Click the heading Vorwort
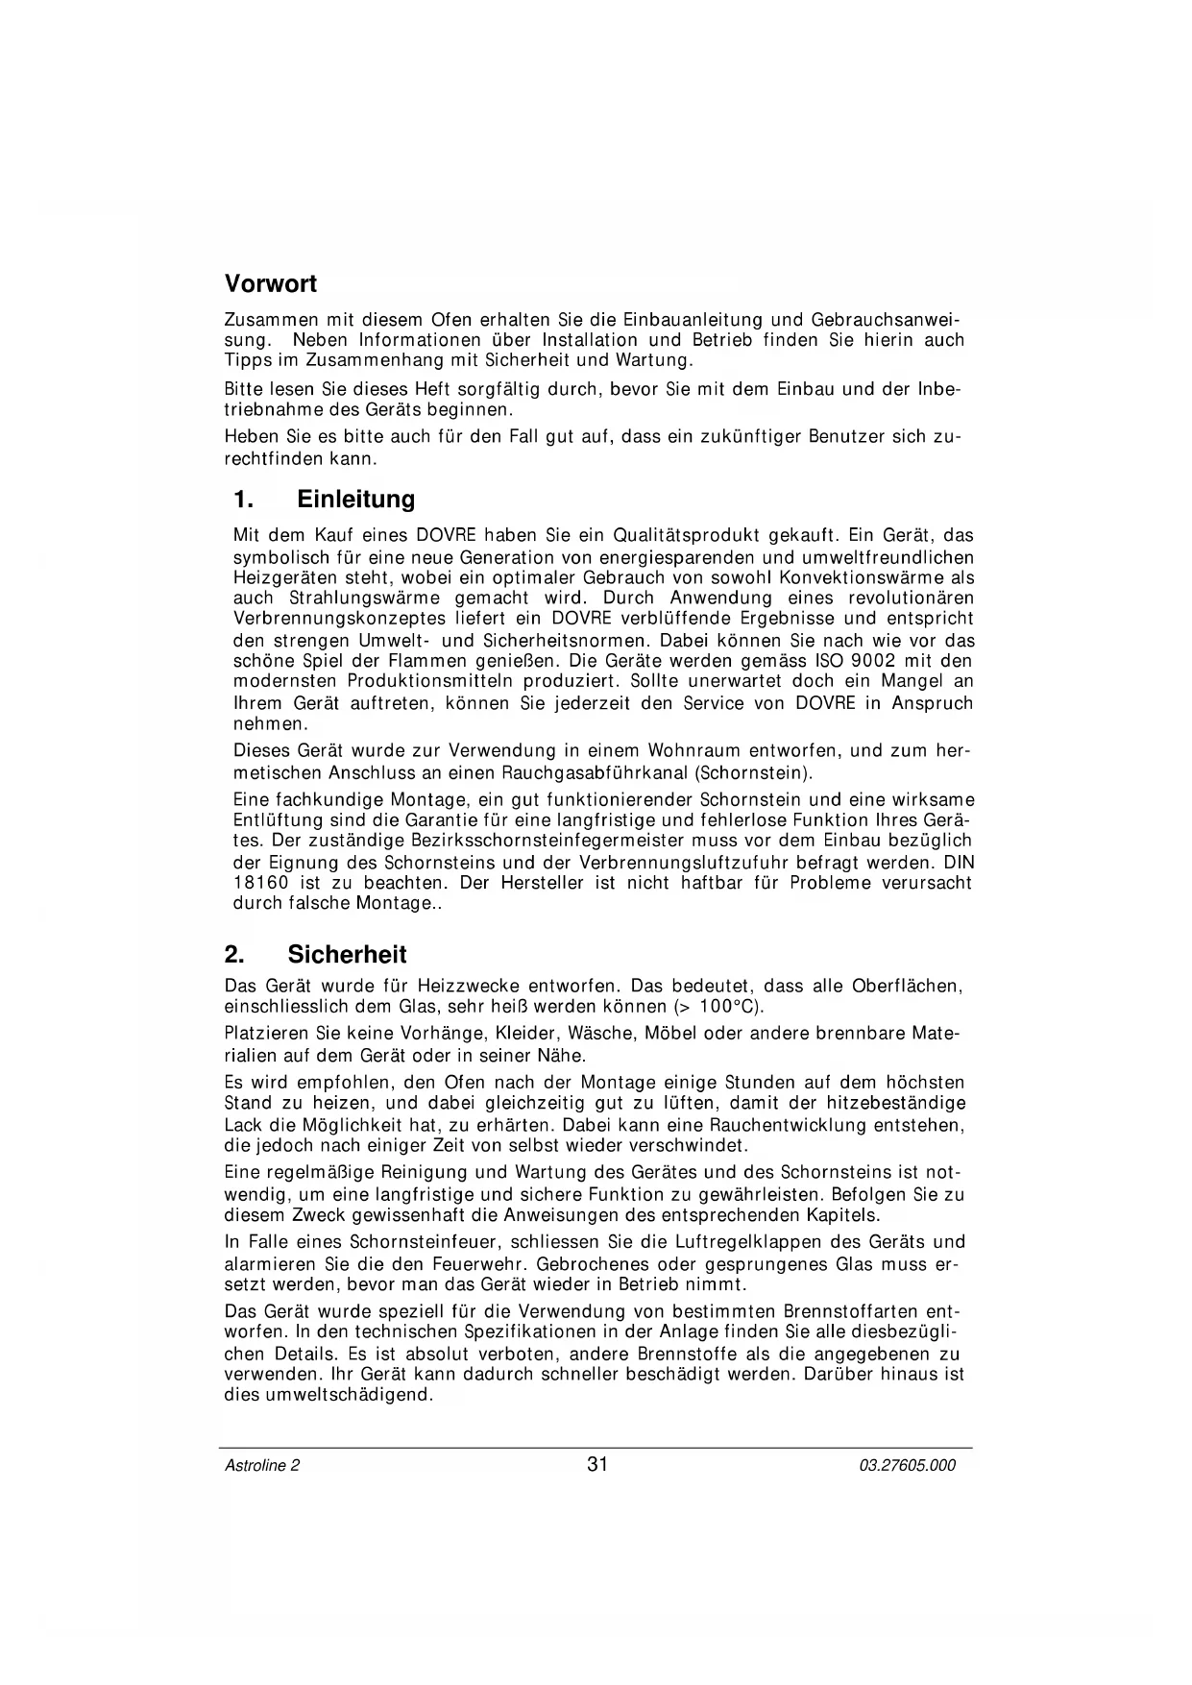(x=270, y=284)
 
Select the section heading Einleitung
(x=355, y=500)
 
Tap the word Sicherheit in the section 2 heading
(x=347, y=955)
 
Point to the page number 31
(x=597, y=1465)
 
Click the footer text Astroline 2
(x=262, y=1466)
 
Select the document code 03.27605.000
(x=908, y=1466)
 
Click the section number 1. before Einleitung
(x=244, y=500)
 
